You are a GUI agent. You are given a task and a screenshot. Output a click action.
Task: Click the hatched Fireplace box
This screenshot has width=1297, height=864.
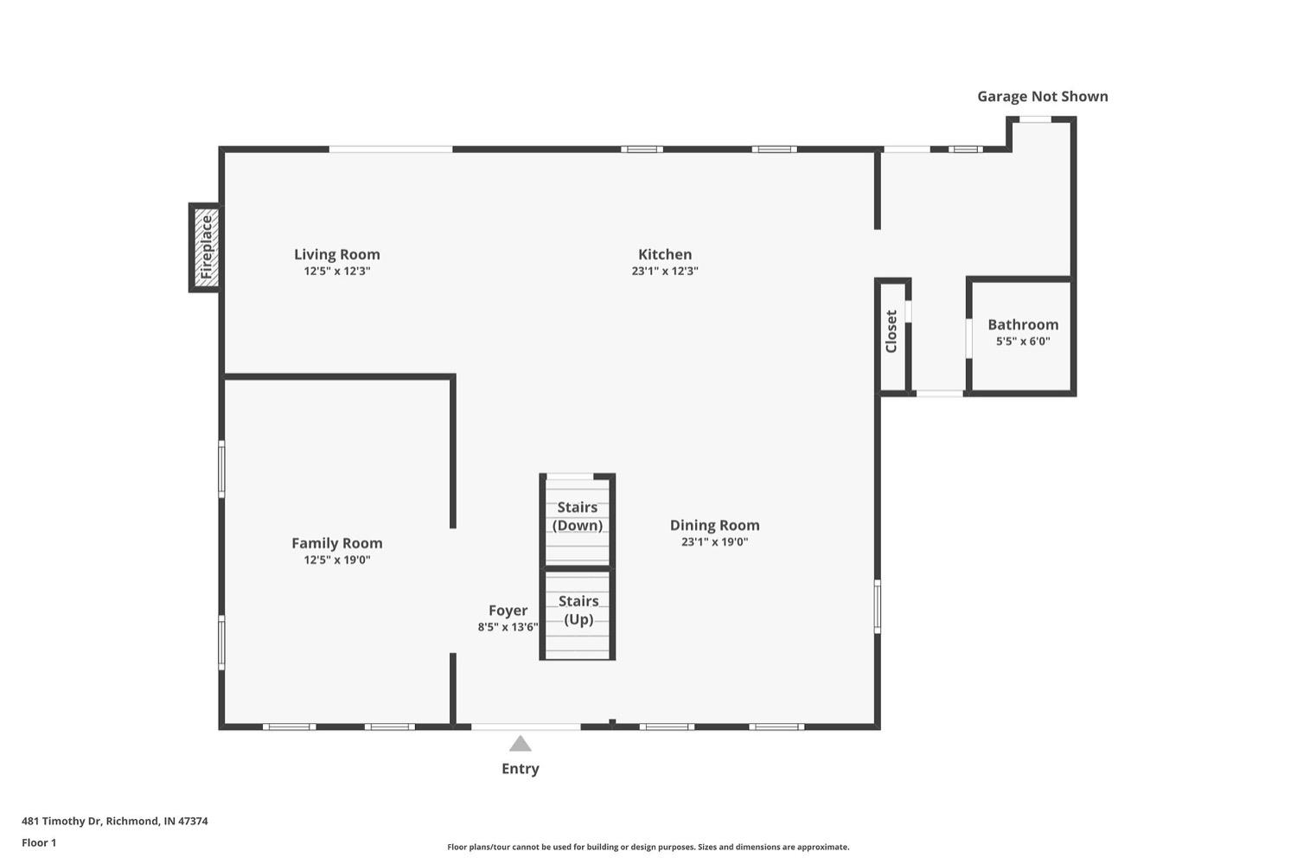205,247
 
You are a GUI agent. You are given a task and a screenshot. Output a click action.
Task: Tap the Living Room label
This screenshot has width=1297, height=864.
336,254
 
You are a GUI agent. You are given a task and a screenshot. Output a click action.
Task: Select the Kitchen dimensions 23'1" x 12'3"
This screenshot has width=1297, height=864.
664,271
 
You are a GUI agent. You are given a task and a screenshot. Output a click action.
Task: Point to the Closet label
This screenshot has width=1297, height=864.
891,331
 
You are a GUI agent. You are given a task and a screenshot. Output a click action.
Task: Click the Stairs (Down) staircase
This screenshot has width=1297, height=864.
577,519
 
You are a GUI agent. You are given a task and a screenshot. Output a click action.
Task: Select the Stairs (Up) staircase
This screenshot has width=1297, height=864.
578,612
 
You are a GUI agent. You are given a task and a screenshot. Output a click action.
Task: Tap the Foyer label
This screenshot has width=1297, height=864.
508,611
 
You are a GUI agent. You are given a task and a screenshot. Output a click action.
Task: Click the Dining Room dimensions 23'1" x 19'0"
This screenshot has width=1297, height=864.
714,542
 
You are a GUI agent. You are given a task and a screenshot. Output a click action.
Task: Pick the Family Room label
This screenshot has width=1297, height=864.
336,543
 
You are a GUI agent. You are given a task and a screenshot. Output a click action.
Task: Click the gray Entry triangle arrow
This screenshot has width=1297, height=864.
520,744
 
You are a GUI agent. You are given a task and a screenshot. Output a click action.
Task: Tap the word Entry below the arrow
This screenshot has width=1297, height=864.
520,769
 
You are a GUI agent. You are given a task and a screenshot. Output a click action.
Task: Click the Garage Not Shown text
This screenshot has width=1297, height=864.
1042,96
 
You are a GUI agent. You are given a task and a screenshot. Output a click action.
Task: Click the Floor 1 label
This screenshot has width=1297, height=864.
39,842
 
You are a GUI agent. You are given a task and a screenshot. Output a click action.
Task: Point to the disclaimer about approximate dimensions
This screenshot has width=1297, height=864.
648,847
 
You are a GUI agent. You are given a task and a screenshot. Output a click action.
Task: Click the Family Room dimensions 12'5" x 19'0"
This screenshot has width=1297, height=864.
336,560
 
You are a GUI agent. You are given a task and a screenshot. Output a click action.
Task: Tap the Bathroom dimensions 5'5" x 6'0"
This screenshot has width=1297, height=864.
1022,342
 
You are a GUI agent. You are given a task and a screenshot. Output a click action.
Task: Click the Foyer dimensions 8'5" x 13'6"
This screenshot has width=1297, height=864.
508,627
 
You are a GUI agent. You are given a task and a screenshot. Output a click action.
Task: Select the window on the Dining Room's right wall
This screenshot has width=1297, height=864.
877,606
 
